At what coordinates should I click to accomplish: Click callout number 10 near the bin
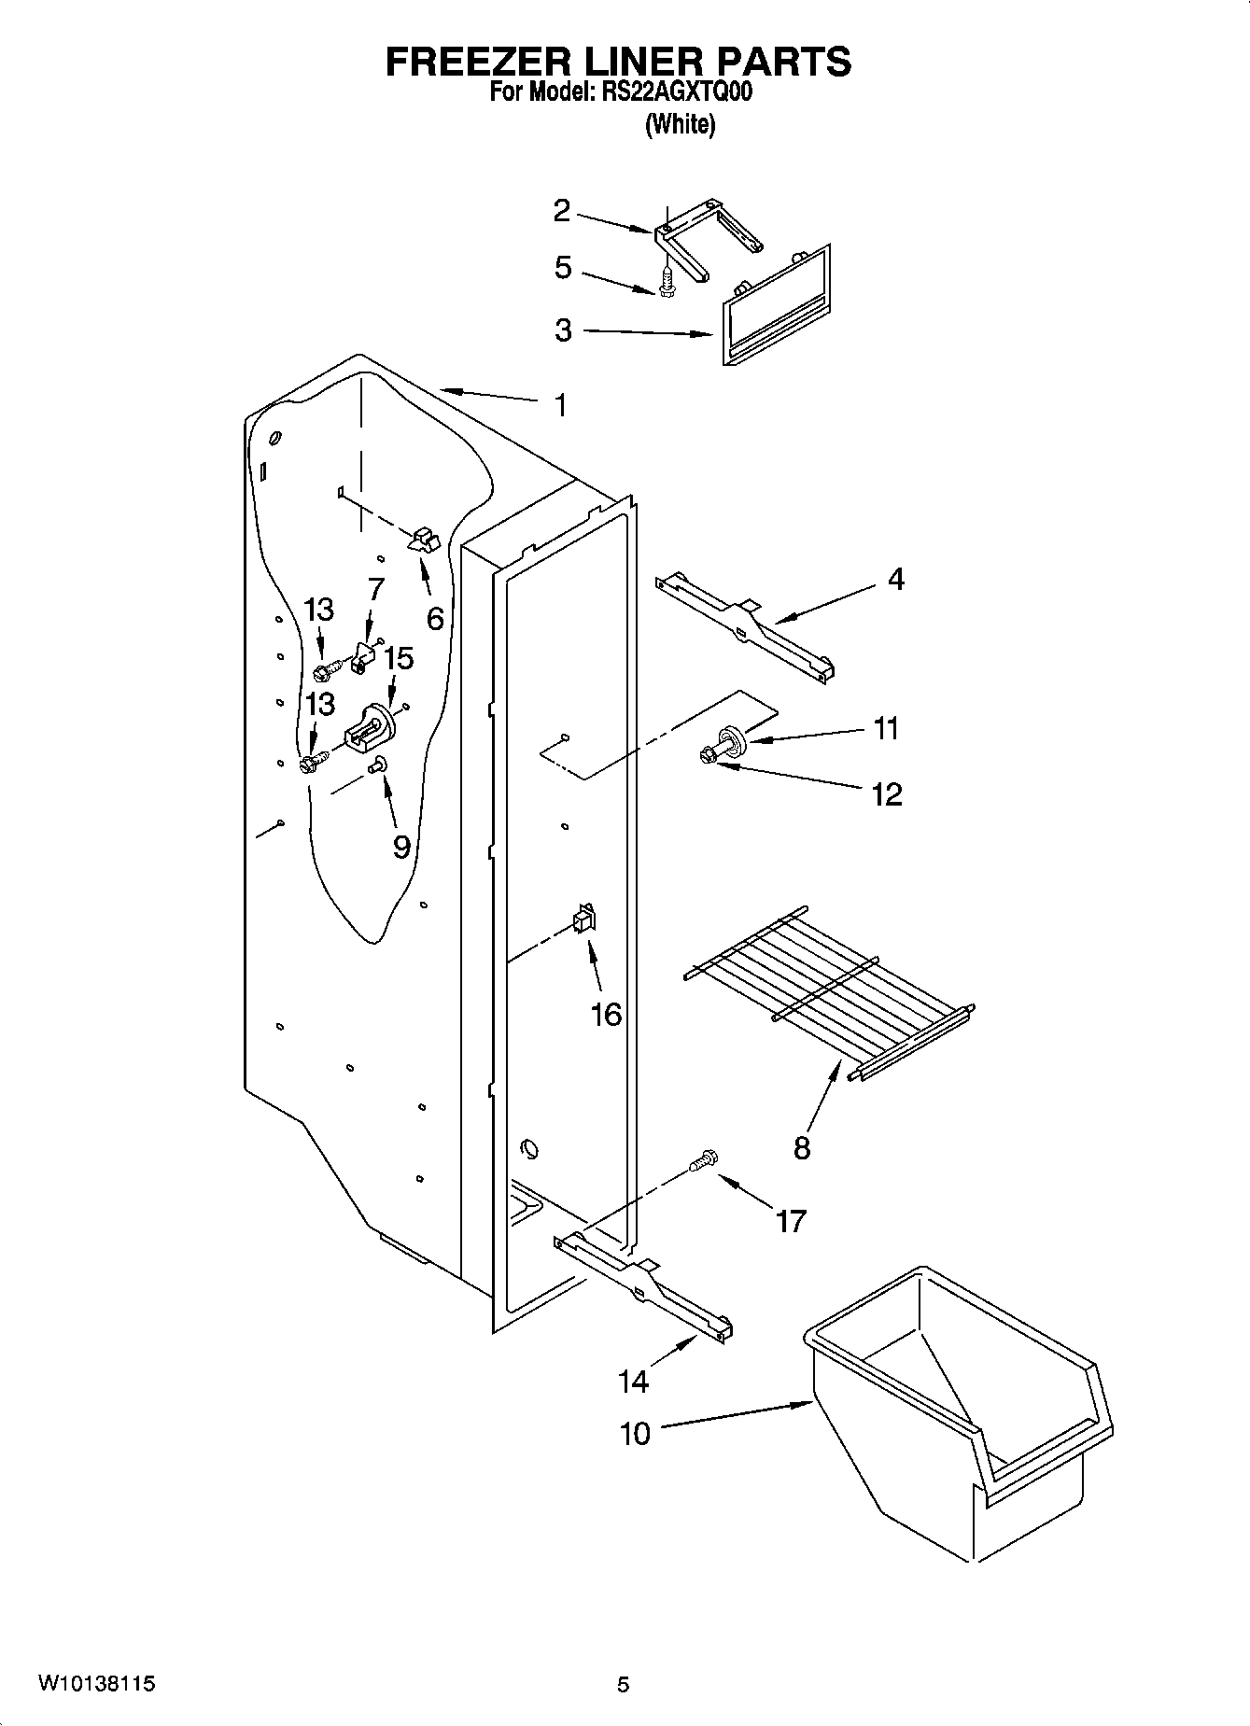(635, 1433)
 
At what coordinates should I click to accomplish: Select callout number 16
(606, 1014)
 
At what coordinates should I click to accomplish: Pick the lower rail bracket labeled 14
(644, 1288)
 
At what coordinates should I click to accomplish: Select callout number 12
(886, 793)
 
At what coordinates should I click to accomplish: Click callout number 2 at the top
(561, 211)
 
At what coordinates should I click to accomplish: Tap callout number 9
(401, 846)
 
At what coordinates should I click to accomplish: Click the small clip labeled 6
(424, 540)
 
